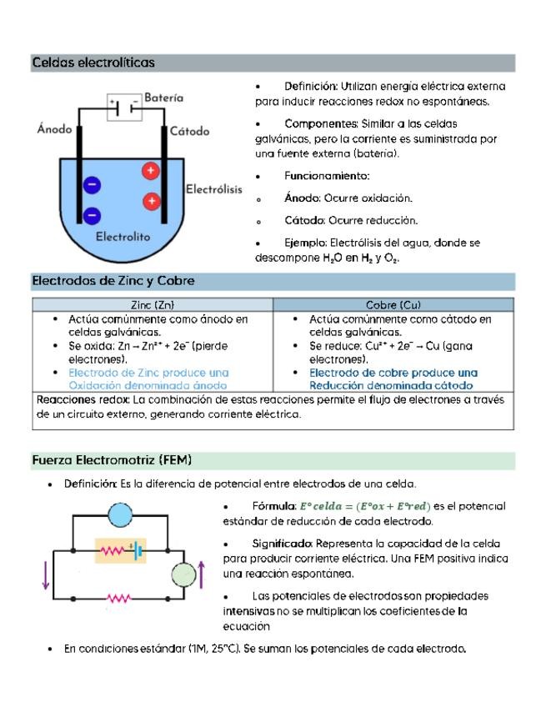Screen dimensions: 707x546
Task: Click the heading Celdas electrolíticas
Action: point(93,63)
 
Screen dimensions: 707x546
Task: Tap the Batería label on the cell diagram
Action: point(163,98)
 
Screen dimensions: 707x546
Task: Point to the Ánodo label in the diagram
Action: point(54,129)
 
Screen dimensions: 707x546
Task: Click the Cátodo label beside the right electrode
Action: point(189,131)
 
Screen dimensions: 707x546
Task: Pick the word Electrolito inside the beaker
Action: point(123,237)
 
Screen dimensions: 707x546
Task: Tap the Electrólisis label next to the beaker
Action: point(213,189)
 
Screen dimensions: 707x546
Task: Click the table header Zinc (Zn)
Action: point(153,305)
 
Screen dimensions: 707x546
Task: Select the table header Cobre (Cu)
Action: point(393,305)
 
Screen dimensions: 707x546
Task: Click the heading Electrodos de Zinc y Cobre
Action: point(113,281)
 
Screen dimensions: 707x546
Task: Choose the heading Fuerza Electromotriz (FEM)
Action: point(112,460)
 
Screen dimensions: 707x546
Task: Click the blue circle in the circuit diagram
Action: point(121,514)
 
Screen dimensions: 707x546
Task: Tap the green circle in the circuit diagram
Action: point(183,574)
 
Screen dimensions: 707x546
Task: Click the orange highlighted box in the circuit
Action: point(120,550)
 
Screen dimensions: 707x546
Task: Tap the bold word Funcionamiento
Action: point(326,176)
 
